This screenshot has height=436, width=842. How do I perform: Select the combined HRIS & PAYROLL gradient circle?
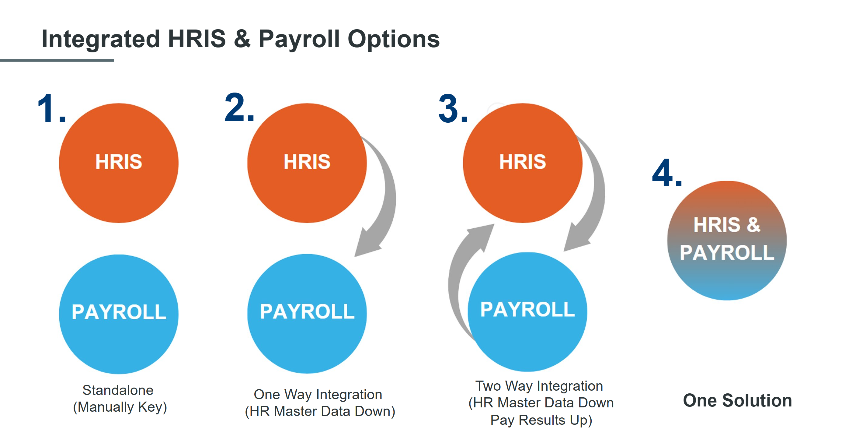727,278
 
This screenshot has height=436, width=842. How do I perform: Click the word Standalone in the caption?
118,390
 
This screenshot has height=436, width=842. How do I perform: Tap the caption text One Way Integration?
318,395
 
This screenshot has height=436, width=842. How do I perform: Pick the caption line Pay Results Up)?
541,420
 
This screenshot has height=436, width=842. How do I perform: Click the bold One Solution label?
737,401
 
